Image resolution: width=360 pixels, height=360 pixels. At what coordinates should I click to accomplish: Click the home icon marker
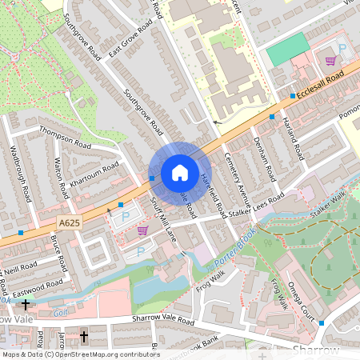[180, 173]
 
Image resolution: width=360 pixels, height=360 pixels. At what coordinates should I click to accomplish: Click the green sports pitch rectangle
[286, 50]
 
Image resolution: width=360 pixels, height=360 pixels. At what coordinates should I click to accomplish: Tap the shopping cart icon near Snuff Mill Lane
[142, 230]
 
